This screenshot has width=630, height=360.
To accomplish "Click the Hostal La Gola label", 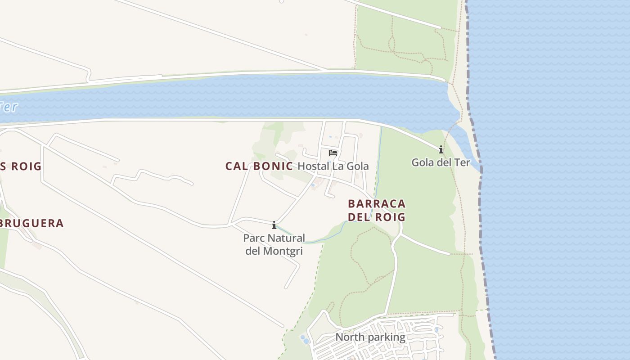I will pos(333,166).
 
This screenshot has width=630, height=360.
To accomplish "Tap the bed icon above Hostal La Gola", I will pos(333,153).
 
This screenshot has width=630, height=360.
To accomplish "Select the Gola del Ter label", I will pos(441,162).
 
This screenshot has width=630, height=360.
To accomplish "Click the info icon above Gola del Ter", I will pos(441,149).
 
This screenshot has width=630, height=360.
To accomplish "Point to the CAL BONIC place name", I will pos(259,166).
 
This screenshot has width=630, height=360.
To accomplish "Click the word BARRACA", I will pos(377,204).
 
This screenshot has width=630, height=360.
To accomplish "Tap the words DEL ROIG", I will pos(377,217).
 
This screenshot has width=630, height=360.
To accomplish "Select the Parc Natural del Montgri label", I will pos(274,244).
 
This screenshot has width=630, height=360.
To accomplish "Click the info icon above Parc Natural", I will pos(274,225).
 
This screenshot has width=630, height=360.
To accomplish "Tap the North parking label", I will pos(370,337).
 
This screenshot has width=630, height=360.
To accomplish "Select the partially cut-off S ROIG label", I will pos(21,166).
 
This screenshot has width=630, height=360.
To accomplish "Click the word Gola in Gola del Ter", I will pos(422,162).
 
